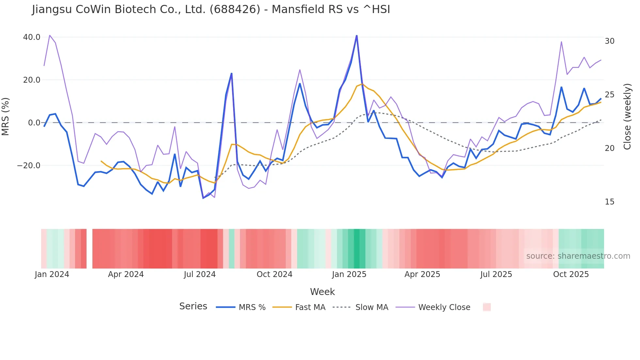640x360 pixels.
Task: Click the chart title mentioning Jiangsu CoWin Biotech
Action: coord(211,9)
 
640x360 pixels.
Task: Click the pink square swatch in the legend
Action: coord(487,307)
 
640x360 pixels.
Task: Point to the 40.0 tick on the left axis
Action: coord(32,37)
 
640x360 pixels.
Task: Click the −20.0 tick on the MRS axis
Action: coord(29,166)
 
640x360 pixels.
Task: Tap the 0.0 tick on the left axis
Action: coord(34,123)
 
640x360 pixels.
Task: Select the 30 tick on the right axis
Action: coord(609,41)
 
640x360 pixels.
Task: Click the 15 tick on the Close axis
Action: coord(609,202)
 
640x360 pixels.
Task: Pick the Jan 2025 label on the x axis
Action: coord(349,274)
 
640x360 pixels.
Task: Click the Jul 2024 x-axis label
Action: coord(200,274)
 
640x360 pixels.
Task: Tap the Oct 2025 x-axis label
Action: coord(570,274)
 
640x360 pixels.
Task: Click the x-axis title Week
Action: coord(322,292)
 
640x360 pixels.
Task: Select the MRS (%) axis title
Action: coord(6,117)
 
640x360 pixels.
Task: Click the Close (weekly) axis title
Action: coord(627,117)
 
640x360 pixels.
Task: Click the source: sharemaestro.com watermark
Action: coord(578,256)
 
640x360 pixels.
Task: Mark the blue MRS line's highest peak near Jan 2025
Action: coord(357,36)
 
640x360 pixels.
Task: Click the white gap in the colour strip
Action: coord(89,249)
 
